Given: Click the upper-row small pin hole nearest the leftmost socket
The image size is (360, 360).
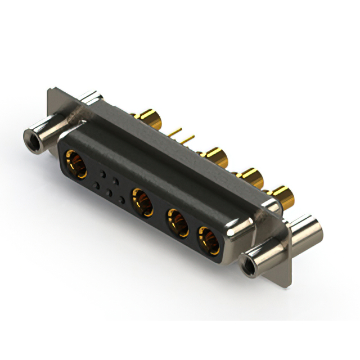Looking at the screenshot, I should pos(102,173).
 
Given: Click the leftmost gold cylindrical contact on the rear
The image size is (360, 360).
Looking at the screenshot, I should pos(151,119).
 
